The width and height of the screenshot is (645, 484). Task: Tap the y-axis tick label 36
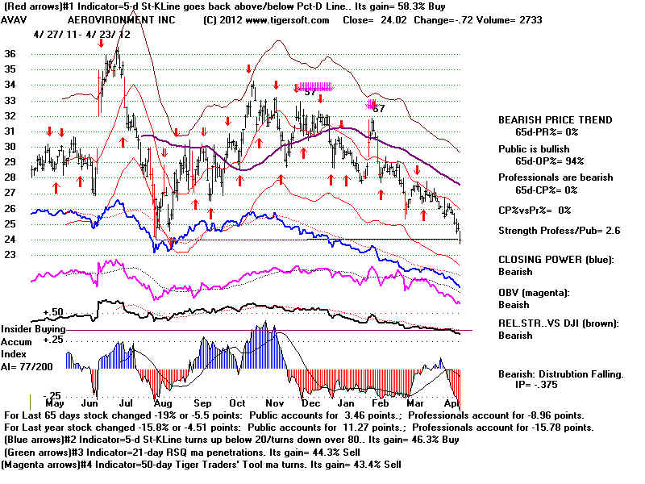[10, 54]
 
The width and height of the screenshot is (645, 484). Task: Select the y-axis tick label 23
[10, 255]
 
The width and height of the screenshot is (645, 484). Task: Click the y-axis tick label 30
[10, 147]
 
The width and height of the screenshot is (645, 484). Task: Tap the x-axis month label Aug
[162, 402]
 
